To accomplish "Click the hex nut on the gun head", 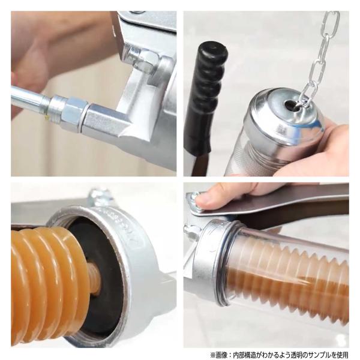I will pyautogui.click(x=145, y=60).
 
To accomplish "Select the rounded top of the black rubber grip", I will pyautogui.click(x=212, y=52).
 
